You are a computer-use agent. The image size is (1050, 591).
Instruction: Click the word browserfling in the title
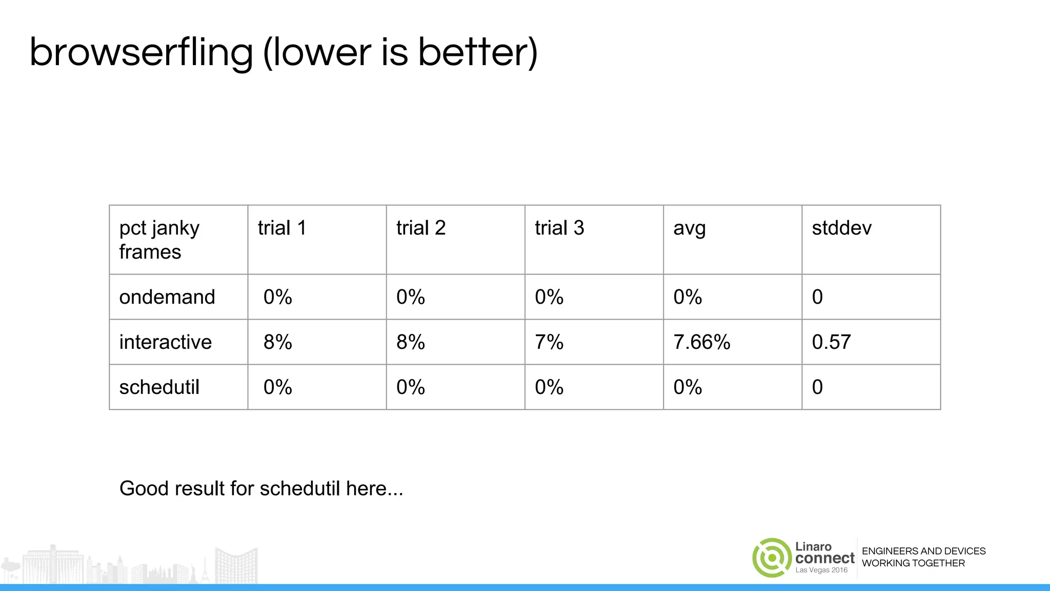[141, 53]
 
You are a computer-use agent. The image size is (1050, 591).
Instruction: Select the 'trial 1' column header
[281, 228]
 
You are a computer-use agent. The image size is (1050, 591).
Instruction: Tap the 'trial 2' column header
[420, 228]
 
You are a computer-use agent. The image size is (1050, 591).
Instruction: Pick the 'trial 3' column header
[559, 228]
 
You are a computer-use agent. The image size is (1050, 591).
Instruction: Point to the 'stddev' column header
[841, 228]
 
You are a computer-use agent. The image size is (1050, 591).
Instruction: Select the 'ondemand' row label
[167, 297]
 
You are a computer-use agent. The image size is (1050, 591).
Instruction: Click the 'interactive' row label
[165, 342]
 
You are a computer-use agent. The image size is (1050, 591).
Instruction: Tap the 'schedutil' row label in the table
[159, 387]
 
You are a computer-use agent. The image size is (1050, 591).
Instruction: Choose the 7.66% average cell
[701, 342]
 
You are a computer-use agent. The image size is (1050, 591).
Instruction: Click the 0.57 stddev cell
[831, 342]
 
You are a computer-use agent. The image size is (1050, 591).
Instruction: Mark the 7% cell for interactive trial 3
[549, 342]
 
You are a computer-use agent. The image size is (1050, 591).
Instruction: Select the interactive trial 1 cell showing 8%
[277, 342]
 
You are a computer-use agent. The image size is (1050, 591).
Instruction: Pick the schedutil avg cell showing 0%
[688, 387]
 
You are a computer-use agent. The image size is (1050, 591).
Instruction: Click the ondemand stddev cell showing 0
[817, 297]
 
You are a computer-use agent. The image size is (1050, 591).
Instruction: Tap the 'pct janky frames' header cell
[159, 240]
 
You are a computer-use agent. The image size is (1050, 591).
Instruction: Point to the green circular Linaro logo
[772, 558]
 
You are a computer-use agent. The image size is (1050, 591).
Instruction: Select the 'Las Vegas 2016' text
[821, 570]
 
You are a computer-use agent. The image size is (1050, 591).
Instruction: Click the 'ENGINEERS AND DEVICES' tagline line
[923, 551]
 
